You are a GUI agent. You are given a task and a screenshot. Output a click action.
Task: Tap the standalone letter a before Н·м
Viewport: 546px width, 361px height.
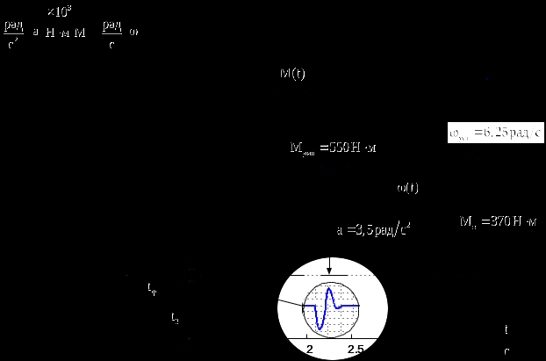[x=35, y=32]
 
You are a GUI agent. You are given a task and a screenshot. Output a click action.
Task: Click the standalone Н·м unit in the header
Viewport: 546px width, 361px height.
[x=58, y=32]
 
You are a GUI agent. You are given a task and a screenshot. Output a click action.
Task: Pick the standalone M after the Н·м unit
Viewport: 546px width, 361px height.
[x=81, y=32]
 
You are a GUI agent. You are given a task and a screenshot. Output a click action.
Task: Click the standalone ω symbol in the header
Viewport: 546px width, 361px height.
[x=133, y=32]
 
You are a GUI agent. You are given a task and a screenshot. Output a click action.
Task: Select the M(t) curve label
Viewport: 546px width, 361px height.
[x=292, y=75]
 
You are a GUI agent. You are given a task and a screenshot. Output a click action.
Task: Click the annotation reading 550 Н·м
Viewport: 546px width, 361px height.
[x=333, y=147]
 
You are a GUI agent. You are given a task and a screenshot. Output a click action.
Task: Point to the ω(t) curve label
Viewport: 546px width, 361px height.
[x=408, y=187]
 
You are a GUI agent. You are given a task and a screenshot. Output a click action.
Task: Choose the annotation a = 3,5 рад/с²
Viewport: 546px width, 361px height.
[x=374, y=229]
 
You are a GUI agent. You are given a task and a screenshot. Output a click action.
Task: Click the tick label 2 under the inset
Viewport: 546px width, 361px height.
[x=310, y=349]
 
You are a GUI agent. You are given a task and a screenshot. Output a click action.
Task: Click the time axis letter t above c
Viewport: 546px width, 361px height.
[x=506, y=330]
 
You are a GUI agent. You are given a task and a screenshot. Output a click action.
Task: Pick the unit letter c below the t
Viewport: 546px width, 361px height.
[x=506, y=350]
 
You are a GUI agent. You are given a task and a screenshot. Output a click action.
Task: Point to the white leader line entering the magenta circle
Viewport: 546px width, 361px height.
[x=291, y=304]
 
